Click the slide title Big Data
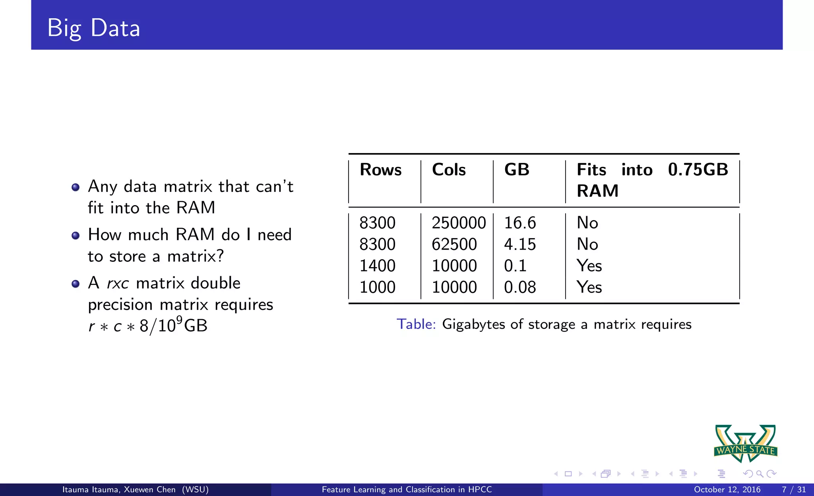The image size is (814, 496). click(x=94, y=28)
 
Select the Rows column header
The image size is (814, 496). click(x=380, y=170)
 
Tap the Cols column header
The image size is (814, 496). click(x=449, y=170)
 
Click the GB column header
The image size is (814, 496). click(x=517, y=170)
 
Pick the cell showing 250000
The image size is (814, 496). click(x=459, y=223)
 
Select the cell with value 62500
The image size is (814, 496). click(x=454, y=244)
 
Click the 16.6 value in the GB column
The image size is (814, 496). click(x=520, y=223)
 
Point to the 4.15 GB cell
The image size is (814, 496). click(x=520, y=244)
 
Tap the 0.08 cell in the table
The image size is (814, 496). click(x=520, y=287)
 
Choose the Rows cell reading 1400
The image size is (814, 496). click(x=377, y=266)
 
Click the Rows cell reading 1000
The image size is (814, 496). click(x=377, y=287)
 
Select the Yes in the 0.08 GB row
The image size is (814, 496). click(x=589, y=287)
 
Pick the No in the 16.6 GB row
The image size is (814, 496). click(x=587, y=223)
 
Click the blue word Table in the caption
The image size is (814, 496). click(x=416, y=324)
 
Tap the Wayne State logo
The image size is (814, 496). click(x=746, y=444)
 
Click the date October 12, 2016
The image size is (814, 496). click(x=727, y=490)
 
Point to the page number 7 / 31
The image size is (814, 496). click(x=794, y=490)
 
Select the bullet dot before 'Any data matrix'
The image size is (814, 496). click(x=76, y=187)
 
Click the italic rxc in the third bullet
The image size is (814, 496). click(x=118, y=283)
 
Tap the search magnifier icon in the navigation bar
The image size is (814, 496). click(x=760, y=474)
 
